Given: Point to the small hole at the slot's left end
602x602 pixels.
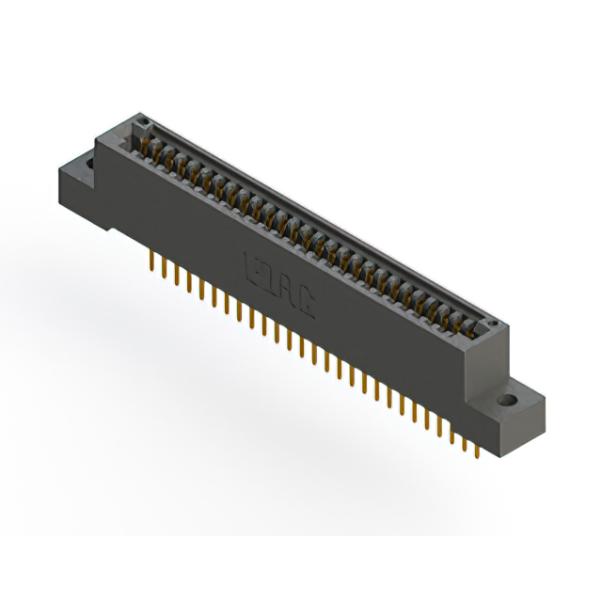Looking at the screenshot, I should click(145, 122).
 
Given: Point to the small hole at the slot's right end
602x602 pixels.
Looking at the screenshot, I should click(489, 322).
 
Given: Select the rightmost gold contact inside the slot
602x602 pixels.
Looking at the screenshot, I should click(475, 329).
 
